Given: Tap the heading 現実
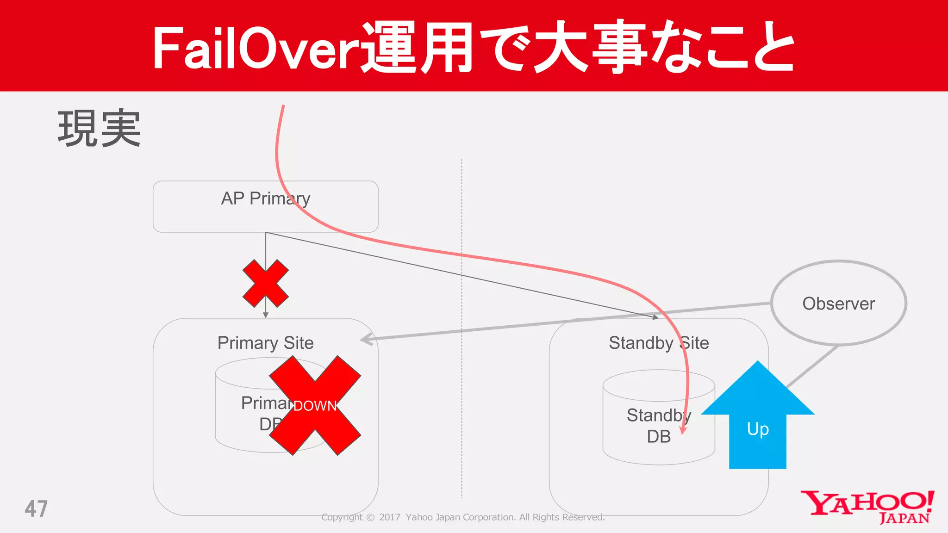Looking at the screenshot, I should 99,129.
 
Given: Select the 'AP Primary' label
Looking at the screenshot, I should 265,198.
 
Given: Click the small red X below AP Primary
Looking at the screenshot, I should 265,283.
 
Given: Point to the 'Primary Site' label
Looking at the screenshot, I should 265,343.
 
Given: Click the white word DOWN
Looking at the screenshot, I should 315,406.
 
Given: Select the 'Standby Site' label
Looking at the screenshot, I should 658,343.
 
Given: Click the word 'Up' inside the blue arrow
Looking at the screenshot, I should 758,429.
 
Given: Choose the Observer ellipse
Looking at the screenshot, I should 838,303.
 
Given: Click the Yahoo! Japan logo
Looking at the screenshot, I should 867,507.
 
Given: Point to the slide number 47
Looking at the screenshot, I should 36,509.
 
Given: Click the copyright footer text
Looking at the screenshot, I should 463,517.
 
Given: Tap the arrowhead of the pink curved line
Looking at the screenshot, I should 683,430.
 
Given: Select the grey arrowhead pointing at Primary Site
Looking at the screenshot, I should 367,339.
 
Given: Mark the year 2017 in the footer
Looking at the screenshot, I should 389,517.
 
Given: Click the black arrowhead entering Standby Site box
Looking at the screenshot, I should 655,317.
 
